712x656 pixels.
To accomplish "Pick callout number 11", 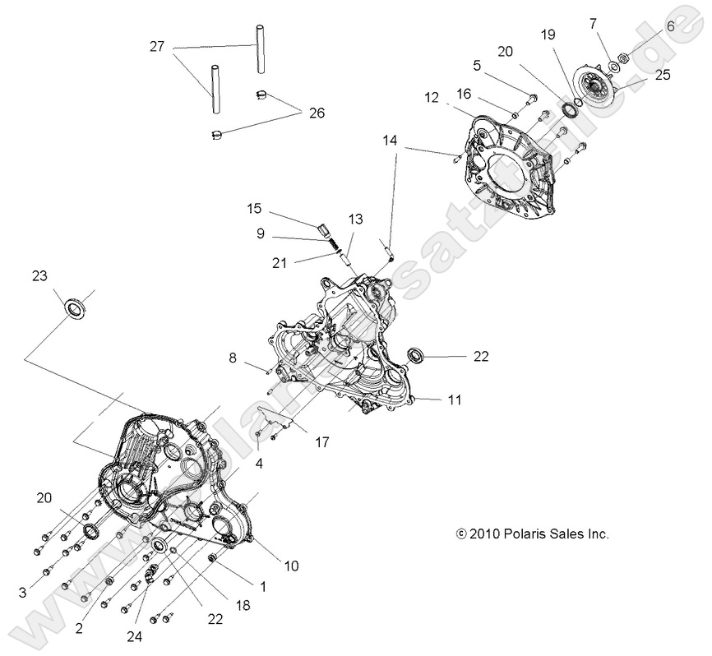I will click(454, 400).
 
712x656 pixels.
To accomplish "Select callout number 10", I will click(292, 566).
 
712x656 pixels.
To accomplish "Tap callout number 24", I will click(135, 635).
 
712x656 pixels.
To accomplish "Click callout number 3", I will click(22, 592).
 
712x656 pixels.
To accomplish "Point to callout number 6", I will click(670, 26).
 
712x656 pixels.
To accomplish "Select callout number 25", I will click(663, 75).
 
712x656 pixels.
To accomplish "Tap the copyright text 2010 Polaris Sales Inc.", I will click(532, 534).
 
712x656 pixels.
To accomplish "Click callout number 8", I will click(233, 358).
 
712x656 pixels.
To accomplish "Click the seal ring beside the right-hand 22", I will click(418, 355).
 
